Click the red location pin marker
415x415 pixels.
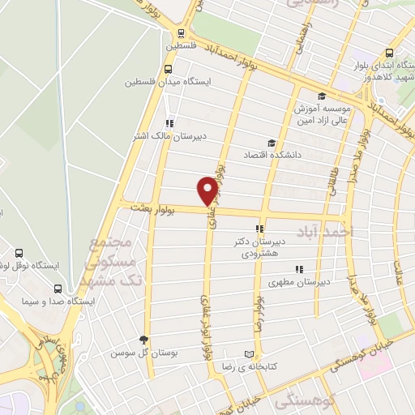207,190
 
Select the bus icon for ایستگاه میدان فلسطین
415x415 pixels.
168,70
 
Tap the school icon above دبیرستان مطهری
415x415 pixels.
299,269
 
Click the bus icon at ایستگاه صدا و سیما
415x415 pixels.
57,288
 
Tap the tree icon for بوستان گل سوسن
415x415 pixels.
144,340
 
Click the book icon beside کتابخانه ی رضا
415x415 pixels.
250,354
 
